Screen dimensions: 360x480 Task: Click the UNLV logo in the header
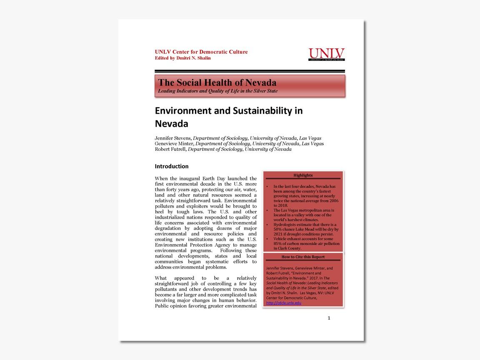pyautogui.click(x=326, y=55)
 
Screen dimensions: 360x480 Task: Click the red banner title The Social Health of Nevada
pyautogui.click(x=217, y=82)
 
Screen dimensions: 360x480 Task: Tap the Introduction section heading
pyautogui.click(x=172, y=166)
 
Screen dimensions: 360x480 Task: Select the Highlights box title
pyautogui.click(x=303, y=175)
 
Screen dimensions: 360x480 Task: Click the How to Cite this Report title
pyautogui.click(x=303, y=257)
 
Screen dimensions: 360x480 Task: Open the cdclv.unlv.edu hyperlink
pyautogui.click(x=283, y=303)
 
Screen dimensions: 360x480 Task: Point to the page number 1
pyautogui.click(x=329, y=318)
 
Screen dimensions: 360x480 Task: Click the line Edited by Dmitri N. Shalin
pyautogui.click(x=183, y=58)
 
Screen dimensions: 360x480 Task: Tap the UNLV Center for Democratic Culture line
pyautogui.click(x=201, y=52)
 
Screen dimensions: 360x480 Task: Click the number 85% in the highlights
pyautogui.click(x=278, y=244)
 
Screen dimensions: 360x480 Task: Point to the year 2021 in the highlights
pyautogui.click(x=278, y=234)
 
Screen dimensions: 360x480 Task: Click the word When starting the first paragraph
pyautogui.click(x=161, y=179)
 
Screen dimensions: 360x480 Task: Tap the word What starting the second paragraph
pyautogui.click(x=161, y=278)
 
